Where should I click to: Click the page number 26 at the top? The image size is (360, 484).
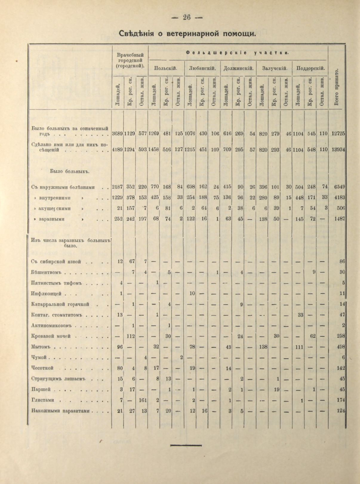(x=187, y=17)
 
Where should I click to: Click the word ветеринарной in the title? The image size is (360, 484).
(x=193, y=33)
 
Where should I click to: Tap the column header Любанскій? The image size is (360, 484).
(x=202, y=68)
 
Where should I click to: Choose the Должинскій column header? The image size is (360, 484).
(x=238, y=68)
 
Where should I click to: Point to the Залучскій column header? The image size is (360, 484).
(x=275, y=68)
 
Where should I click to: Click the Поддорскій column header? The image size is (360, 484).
(x=310, y=68)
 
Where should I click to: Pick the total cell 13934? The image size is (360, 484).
(x=339, y=150)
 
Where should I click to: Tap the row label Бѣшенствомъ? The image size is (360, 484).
(x=46, y=272)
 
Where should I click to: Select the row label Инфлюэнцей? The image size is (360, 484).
(x=46, y=294)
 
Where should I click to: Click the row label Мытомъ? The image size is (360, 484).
(x=40, y=347)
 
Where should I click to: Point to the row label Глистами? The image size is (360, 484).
(x=41, y=400)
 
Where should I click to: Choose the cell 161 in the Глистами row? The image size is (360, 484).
(x=143, y=400)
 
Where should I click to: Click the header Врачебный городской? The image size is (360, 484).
(x=130, y=61)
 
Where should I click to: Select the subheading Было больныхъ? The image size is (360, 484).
(x=70, y=172)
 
